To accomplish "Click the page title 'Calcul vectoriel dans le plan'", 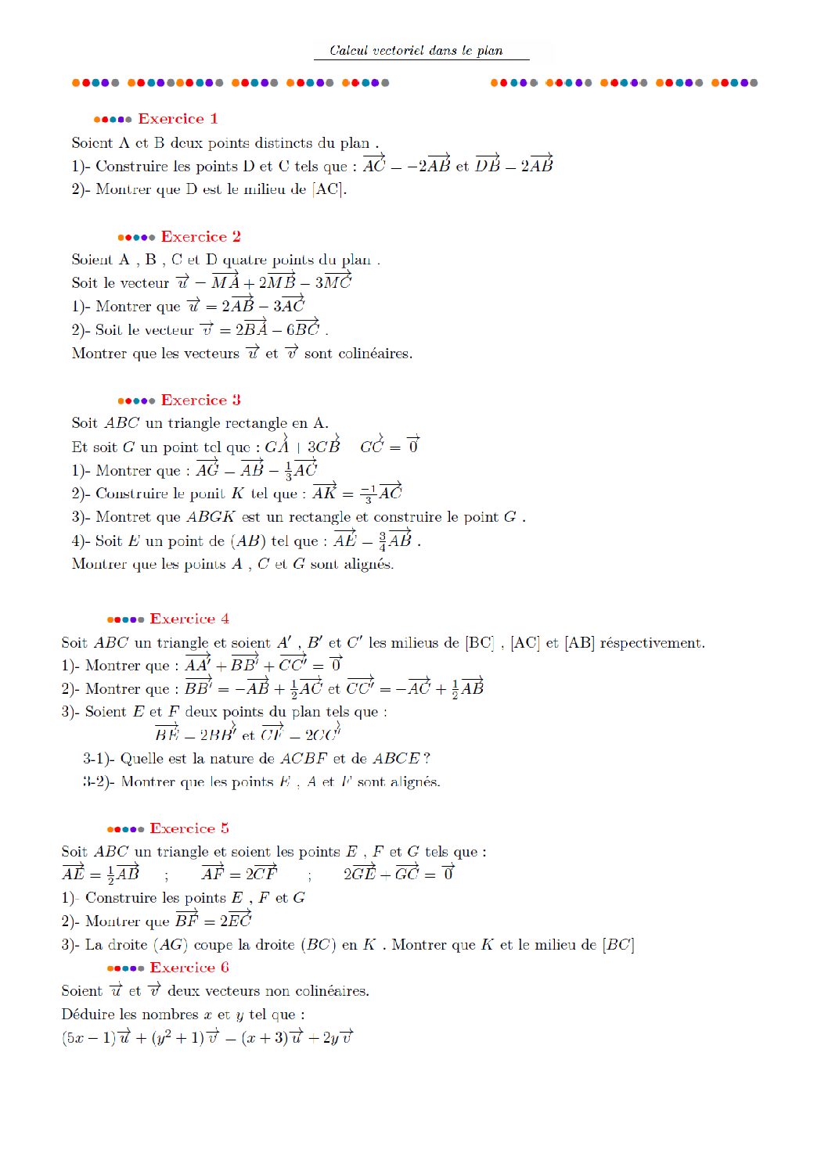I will click(416, 51).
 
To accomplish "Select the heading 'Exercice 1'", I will click(178, 119).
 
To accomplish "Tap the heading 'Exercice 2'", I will click(201, 237).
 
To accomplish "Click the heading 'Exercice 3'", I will click(201, 401).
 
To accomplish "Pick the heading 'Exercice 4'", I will click(189, 619).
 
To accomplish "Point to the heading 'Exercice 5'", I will click(189, 828).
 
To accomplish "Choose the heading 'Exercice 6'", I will click(189, 968).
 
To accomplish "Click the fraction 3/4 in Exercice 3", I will click(383, 541).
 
